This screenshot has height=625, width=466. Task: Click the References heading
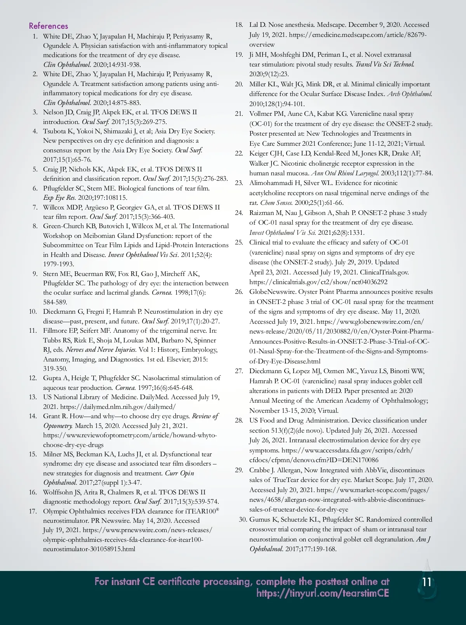coord(49,26)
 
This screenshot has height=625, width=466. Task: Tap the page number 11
coord(426,582)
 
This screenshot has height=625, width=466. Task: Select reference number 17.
coord(33,511)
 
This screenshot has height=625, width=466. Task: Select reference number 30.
coord(243,519)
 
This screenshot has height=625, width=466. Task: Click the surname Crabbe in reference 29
coord(261,470)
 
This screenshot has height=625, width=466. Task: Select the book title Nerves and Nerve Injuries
coord(101,350)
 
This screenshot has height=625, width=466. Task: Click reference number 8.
coord(35,226)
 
